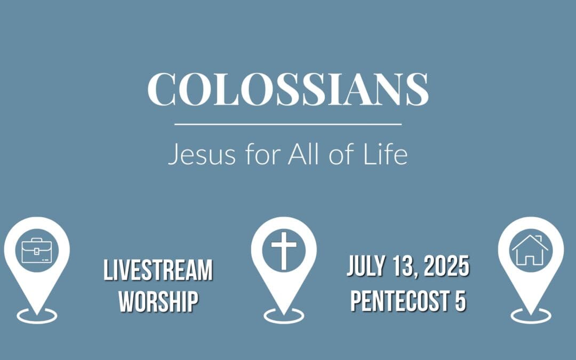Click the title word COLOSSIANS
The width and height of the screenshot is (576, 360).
(x=288, y=89)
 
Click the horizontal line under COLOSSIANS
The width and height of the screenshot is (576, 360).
(x=288, y=124)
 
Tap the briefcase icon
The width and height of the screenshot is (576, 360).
(x=36, y=250)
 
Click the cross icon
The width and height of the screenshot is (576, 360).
(x=283, y=250)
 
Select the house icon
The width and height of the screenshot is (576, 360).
(x=530, y=250)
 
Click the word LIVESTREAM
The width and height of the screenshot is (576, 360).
(x=158, y=271)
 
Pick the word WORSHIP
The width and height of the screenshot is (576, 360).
(x=158, y=301)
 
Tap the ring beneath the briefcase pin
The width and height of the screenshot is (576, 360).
(x=36, y=316)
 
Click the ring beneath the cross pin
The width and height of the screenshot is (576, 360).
(x=283, y=316)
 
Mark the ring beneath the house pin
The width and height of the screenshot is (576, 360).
(x=530, y=316)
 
